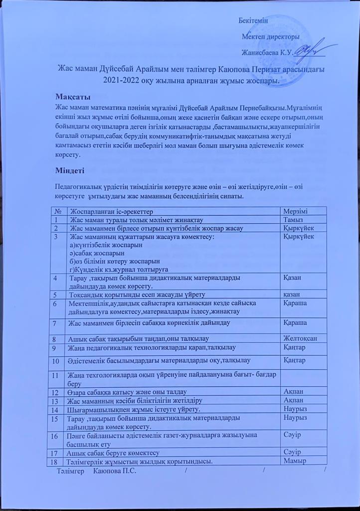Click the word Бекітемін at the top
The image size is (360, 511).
(253, 20)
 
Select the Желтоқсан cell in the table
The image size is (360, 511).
(300, 339)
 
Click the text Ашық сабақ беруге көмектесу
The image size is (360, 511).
(114, 453)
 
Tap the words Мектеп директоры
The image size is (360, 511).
(270, 37)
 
